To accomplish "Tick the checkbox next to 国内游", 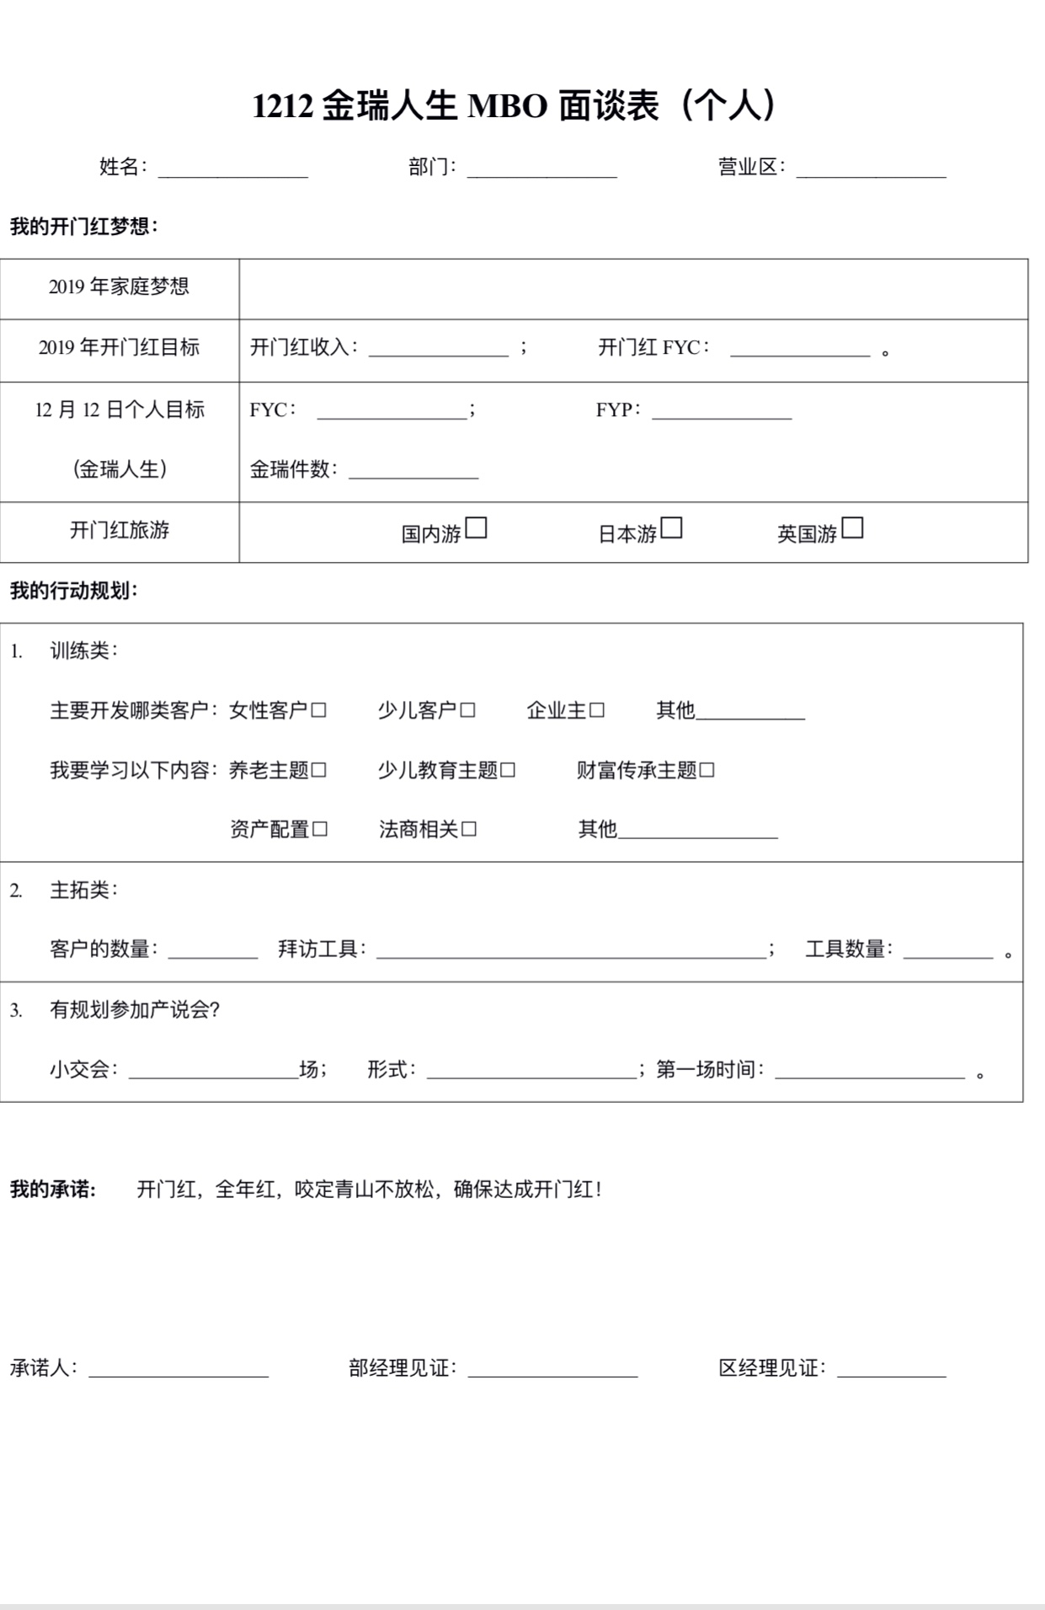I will [477, 528].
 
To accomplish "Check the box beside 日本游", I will [671, 528].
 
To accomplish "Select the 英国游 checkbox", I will [852, 528].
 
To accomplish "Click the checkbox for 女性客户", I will [318, 710].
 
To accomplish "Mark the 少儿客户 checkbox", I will [467, 710].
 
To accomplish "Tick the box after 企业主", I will [596, 710].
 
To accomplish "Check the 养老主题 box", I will [318, 770].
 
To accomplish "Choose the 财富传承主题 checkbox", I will [706, 770].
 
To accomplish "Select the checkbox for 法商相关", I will [469, 829].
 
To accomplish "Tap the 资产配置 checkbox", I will [320, 829].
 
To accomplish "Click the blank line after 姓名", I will [233, 171].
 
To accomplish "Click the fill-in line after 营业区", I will [871, 171].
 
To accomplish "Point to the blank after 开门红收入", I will [438, 350].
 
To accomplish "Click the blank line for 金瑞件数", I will [413, 473].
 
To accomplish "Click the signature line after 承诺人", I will [179, 1371].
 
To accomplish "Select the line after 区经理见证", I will [891, 1371].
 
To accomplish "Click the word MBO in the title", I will [507, 107].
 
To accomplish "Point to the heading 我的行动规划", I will [73, 591].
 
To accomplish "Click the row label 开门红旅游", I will [120, 530].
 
